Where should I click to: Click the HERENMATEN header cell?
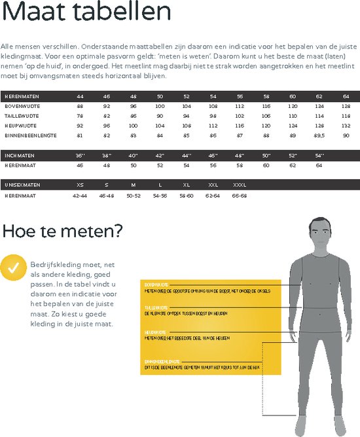[20, 97]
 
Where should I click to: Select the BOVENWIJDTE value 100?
[160, 106]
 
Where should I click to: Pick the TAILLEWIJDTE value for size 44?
[80, 116]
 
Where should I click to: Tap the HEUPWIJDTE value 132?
[346, 125]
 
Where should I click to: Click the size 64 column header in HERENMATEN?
[346, 97]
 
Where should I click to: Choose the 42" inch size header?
[160, 156]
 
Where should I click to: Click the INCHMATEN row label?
[18, 156]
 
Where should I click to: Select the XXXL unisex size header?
[240, 185]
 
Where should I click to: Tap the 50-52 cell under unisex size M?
[133, 195]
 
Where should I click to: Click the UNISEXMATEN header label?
[22, 185]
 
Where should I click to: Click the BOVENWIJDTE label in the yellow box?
[156, 285]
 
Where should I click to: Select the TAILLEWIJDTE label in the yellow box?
[156, 307]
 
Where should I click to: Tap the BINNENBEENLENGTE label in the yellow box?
[162, 360]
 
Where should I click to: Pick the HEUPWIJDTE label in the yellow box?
[155, 332]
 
